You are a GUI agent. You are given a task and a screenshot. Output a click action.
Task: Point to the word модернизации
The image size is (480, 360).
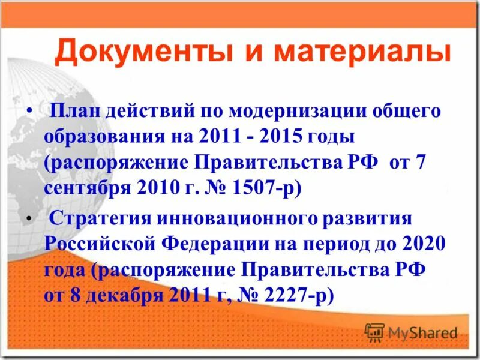pos(268,110)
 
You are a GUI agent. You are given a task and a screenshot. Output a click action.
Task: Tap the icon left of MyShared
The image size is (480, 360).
pos(374,332)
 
